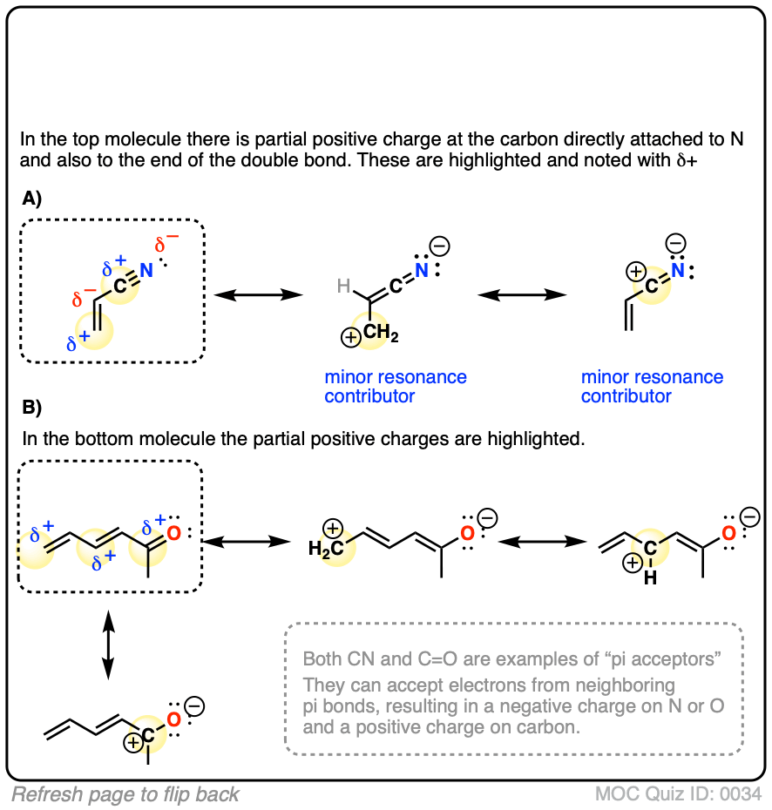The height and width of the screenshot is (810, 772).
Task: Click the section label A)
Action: pos(32,199)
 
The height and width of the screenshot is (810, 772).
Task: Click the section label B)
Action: pos(32,408)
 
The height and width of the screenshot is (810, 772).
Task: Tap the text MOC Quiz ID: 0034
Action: pos(679,793)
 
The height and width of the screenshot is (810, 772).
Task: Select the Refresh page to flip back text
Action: pos(125,793)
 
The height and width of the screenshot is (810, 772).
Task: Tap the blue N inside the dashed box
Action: pos(147,270)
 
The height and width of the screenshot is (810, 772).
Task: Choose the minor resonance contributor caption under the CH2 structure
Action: pos(396,387)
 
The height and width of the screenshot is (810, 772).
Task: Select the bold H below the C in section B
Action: pos(650,577)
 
